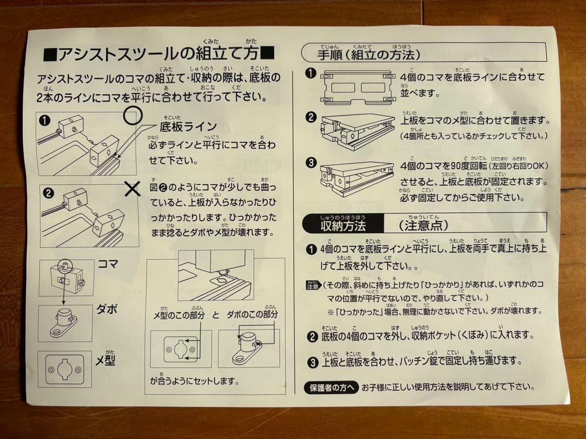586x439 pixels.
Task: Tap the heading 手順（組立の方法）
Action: coord(368,54)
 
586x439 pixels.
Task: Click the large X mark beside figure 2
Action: coord(132,188)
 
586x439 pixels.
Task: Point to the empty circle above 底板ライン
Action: coord(133,115)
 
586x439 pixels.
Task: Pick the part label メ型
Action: coord(107,360)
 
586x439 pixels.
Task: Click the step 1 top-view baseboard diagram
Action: coord(359,87)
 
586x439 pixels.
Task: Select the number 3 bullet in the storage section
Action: coord(311,361)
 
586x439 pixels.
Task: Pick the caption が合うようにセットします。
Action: coord(194,381)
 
